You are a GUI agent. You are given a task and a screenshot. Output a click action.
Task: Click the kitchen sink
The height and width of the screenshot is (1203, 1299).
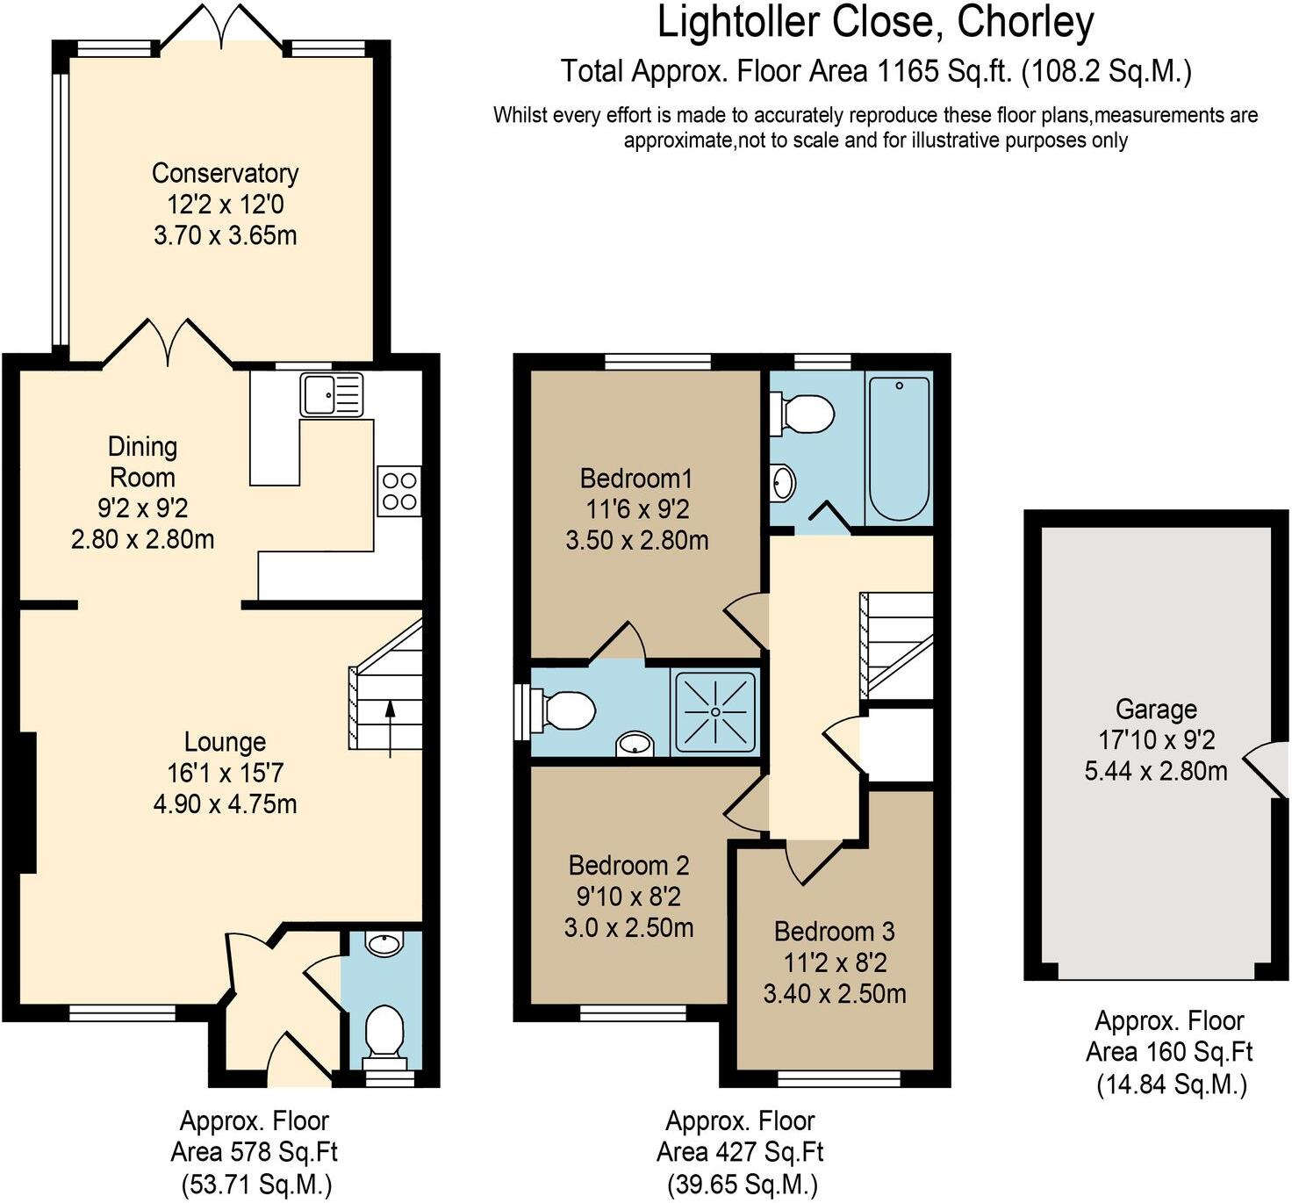coord(331,394)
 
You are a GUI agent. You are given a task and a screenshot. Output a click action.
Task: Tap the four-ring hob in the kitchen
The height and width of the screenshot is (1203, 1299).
coord(398,491)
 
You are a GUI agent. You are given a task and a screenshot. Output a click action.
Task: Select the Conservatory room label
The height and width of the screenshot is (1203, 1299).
coord(225,173)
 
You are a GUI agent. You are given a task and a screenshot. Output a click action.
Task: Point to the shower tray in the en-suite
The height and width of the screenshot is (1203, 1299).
coord(715,711)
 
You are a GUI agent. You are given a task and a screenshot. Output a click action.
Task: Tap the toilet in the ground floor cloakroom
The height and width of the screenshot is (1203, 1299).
coord(384,1030)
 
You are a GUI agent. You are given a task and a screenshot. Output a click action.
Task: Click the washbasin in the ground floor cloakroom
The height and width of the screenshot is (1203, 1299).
coord(384,945)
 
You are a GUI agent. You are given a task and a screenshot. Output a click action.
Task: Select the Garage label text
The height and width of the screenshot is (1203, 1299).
coord(1156,709)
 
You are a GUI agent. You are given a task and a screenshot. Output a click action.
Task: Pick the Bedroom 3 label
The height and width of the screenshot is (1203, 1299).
coord(835,931)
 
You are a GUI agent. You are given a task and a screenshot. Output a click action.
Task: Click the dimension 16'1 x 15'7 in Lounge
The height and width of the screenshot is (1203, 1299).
coord(225,773)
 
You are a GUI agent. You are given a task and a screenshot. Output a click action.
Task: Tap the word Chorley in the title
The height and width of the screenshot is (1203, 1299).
coord(1025,23)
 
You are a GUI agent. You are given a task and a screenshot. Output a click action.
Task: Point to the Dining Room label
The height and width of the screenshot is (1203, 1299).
coord(142,462)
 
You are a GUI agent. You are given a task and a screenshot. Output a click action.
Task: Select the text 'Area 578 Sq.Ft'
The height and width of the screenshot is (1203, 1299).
coord(254,1151)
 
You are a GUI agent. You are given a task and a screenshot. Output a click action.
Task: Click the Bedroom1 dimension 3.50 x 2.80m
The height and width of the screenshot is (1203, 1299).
coord(636,540)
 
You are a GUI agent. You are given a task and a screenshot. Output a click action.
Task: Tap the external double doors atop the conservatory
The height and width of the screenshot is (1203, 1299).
coord(222,25)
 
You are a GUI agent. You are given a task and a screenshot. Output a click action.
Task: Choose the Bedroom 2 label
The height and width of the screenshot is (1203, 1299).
coord(628,865)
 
